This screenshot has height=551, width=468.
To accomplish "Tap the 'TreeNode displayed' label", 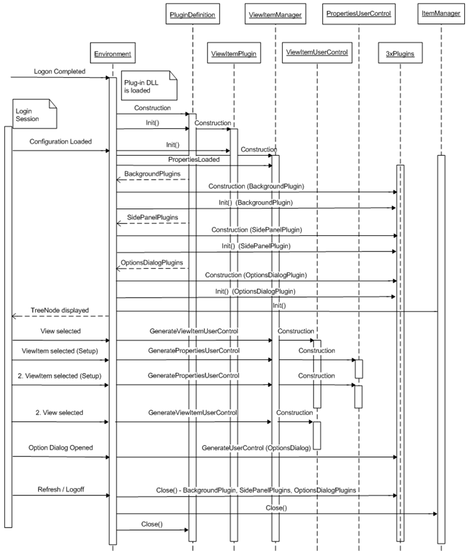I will pos(59,310).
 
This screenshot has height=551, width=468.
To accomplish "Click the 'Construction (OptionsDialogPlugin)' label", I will pos(256,274).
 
